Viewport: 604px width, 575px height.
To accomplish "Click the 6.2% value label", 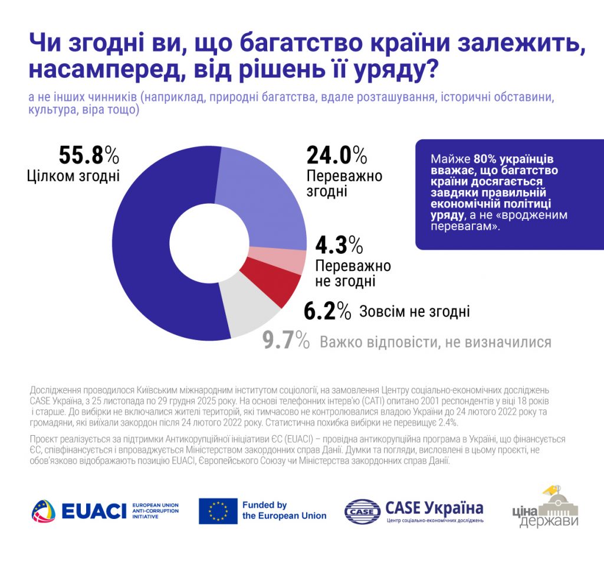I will point(327,311).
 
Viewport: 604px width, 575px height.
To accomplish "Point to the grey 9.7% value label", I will point(286,341).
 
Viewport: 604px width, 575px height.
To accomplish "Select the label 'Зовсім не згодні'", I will point(414,311).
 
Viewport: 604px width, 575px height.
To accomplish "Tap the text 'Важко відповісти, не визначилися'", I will point(435,342).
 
